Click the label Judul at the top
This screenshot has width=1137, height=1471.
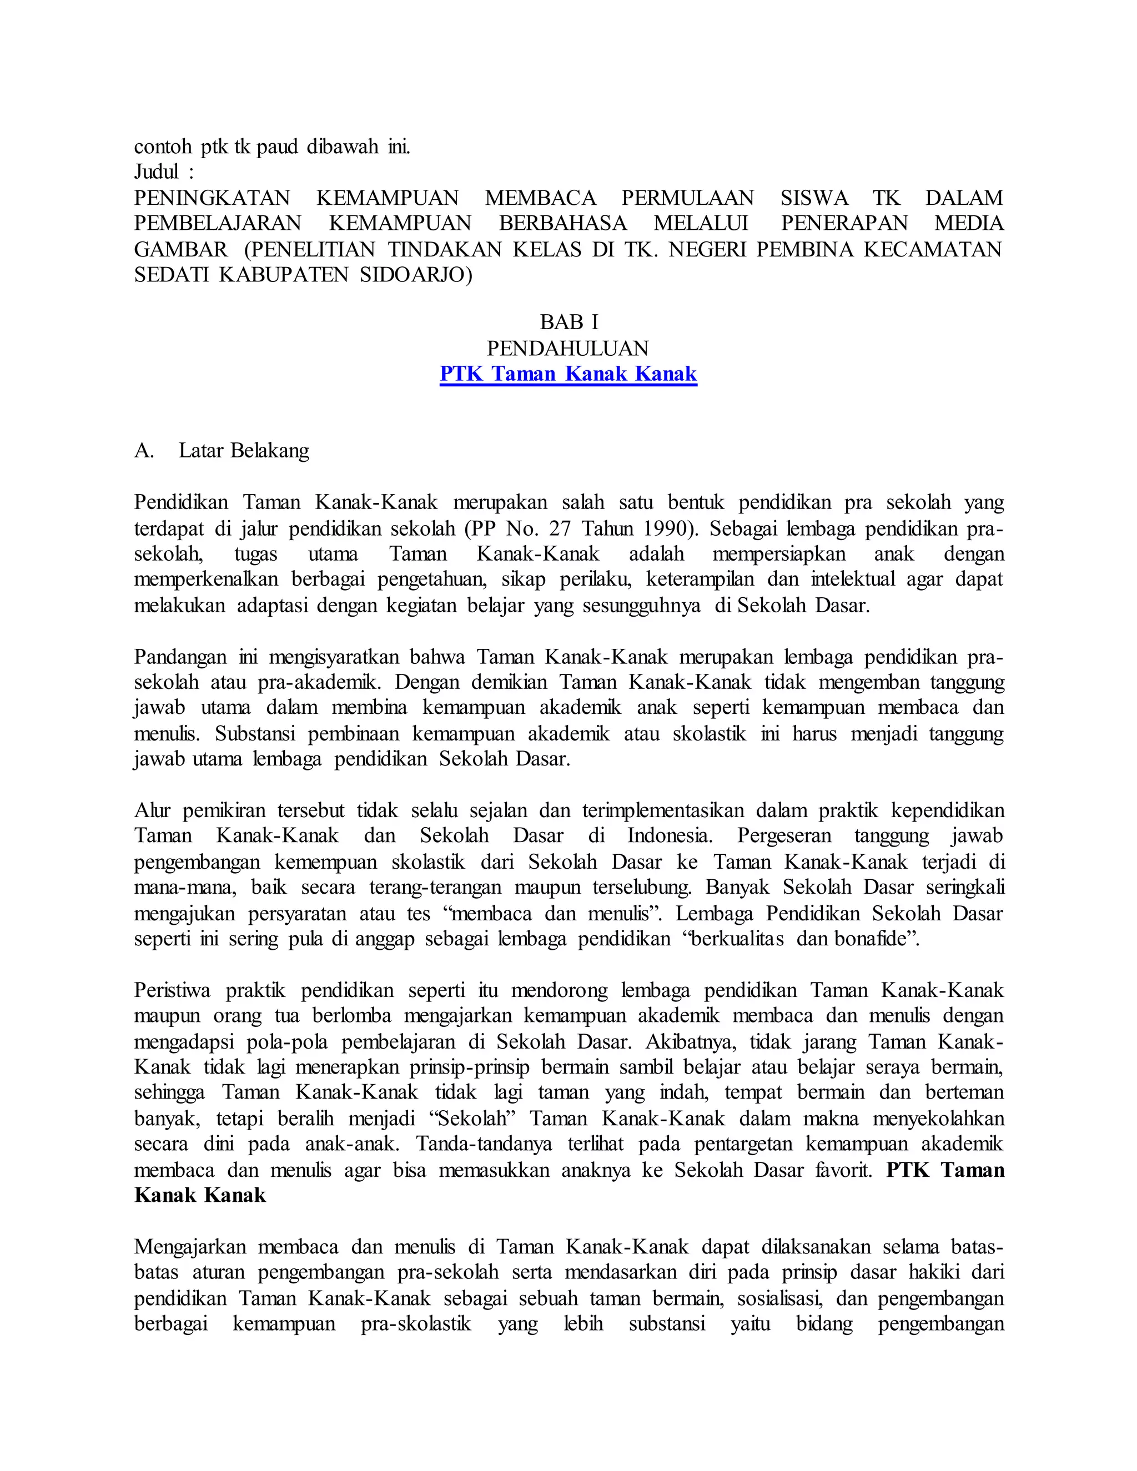point(156,173)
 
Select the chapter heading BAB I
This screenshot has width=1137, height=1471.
point(568,322)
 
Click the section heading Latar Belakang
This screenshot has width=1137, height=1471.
point(243,451)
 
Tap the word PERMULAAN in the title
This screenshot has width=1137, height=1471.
point(688,198)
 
